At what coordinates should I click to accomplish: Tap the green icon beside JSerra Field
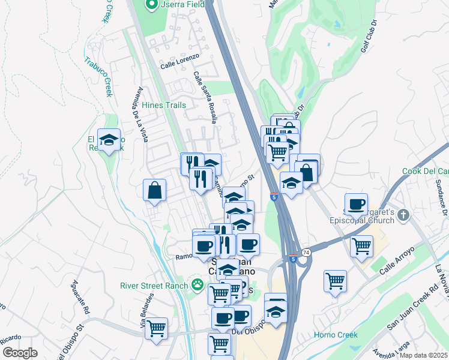coord(152,5)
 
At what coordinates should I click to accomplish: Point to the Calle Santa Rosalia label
coord(205,97)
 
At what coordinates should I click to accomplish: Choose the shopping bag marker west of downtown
coord(155,190)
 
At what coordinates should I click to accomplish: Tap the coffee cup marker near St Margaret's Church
coord(357,204)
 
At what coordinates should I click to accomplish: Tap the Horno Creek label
coord(336,335)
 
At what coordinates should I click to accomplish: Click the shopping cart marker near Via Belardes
coord(156,328)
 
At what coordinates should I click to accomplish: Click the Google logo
coord(20,353)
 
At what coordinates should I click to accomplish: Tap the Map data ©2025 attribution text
coord(423,355)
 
